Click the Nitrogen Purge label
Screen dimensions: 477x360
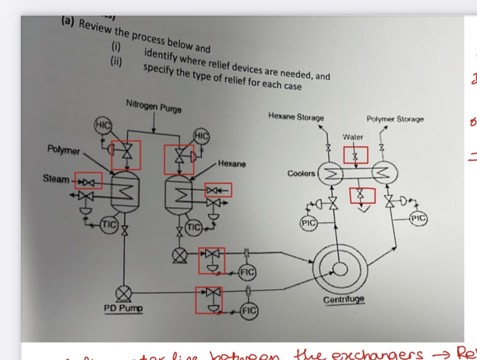click(x=153, y=106)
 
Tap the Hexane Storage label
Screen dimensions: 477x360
click(x=296, y=117)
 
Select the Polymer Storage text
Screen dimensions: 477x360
click(x=395, y=119)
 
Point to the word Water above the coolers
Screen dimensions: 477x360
click(x=352, y=137)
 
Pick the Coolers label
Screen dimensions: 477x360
click(x=301, y=173)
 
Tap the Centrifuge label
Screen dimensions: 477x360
click(x=344, y=300)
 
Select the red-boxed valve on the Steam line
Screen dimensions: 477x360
click(x=88, y=180)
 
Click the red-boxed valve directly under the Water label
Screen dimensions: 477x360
click(x=354, y=155)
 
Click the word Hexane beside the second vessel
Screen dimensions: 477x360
click(x=232, y=164)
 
